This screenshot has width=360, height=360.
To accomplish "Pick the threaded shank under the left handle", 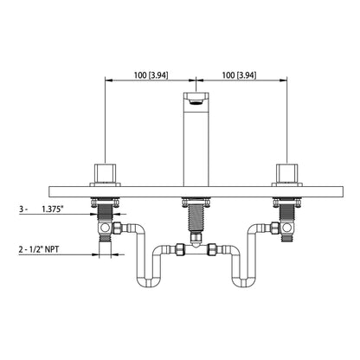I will coord(106,213).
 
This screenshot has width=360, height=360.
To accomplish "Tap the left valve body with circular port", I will coord(106,228).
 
